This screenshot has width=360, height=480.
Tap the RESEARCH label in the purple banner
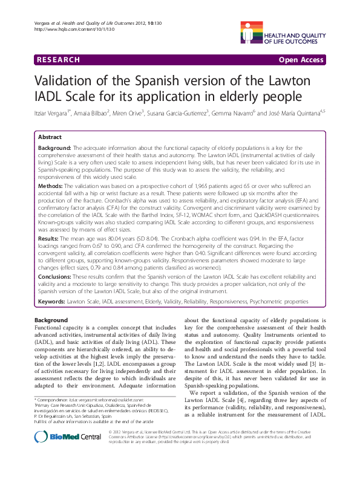(58, 60)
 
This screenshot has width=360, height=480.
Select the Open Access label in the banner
(301, 60)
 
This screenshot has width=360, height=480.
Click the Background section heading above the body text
(51, 319)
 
